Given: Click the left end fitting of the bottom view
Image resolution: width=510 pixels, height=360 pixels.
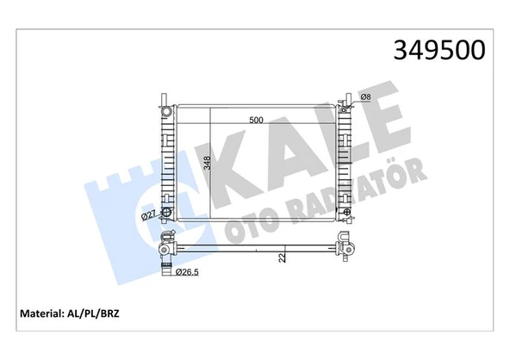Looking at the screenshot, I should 165,249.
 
